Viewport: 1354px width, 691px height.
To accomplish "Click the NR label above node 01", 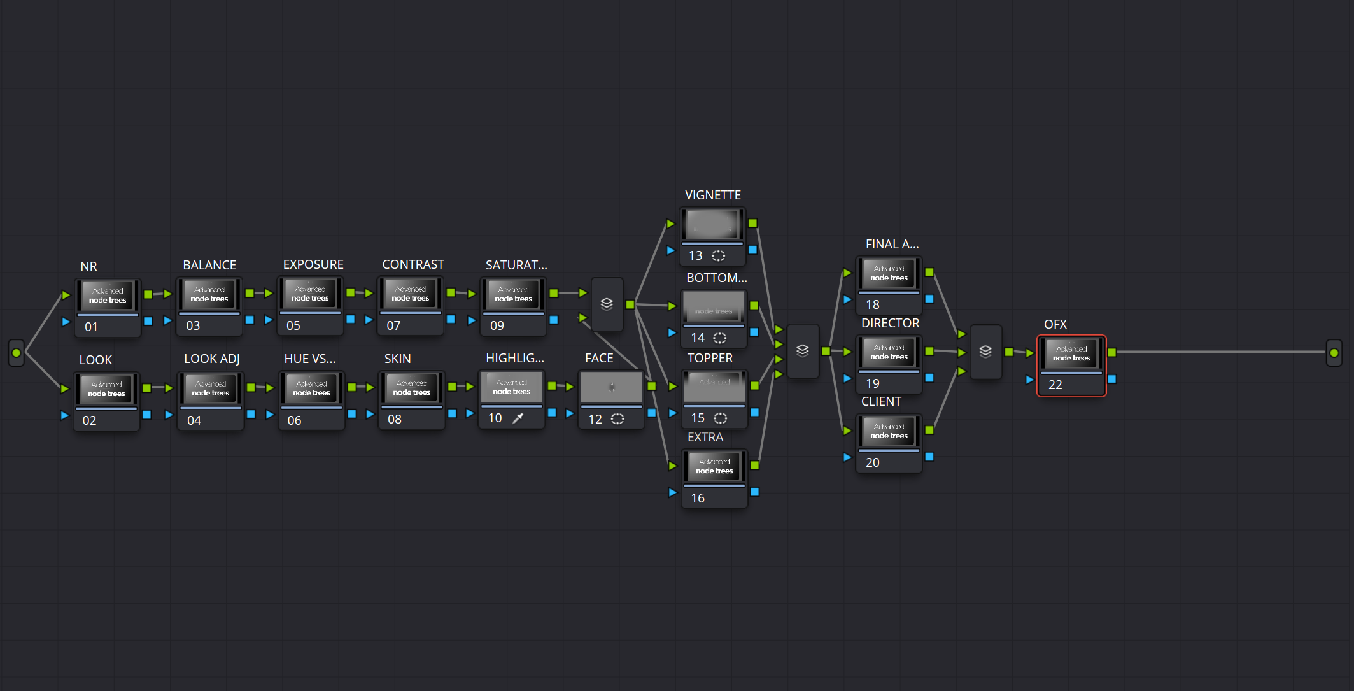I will (88, 266).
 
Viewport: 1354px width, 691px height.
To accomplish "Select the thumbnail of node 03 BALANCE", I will (209, 294).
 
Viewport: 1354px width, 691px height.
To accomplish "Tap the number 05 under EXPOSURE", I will (293, 325).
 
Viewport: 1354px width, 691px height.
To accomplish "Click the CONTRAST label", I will (413, 264).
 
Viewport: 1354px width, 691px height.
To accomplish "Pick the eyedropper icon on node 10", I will (518, 418).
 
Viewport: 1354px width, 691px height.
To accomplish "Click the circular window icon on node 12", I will (617, 419).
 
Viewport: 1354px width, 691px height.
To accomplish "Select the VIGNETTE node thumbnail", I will (712, 224).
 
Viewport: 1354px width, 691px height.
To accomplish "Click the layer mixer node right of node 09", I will (607, 304).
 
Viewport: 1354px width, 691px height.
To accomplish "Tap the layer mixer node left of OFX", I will (985, 352).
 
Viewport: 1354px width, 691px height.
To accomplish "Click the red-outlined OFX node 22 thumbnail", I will (1071, 353).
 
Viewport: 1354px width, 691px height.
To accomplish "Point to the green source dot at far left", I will (17, 353).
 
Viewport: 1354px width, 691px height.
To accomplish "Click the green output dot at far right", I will (1334, 353).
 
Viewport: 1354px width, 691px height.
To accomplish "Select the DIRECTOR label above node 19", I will (890, 323).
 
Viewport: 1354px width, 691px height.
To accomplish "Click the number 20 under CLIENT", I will (873, 462).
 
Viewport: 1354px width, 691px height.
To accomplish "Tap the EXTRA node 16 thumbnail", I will (714, 466).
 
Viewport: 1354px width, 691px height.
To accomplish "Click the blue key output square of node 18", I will (929, 299).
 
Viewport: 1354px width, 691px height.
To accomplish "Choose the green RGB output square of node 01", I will (148, 294).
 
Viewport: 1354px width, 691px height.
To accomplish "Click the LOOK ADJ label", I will (211, 359).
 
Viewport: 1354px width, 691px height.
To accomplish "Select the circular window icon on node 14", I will (720, 338).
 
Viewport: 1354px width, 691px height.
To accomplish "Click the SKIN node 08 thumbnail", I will (412, 388).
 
